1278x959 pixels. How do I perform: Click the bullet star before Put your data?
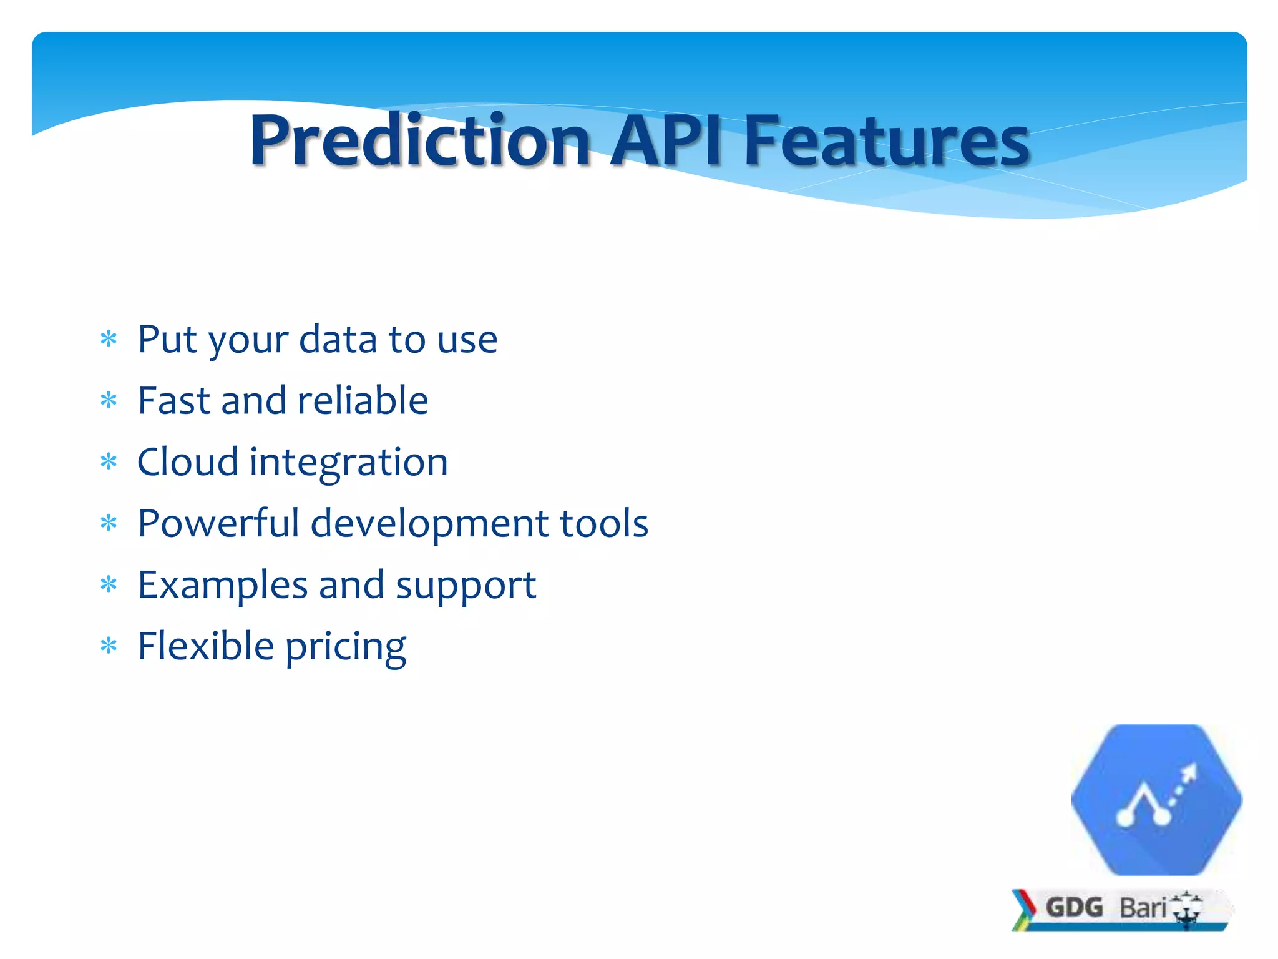point(109,340)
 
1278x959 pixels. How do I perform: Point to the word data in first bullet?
point(338,340)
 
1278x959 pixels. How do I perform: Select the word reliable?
point(363,401)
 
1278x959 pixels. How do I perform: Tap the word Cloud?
point(187,462)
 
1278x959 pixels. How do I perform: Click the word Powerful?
point(218,523)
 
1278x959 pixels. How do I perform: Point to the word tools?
point(603,523)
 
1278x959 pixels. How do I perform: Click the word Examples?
point(223,586)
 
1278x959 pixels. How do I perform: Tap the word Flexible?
point(205,646)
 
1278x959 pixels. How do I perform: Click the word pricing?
point(346,647)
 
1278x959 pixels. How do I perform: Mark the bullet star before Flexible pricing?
point(109,647)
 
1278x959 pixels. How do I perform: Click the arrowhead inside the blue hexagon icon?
point(1189,774)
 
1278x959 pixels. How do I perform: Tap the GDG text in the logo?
point(1074,907)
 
